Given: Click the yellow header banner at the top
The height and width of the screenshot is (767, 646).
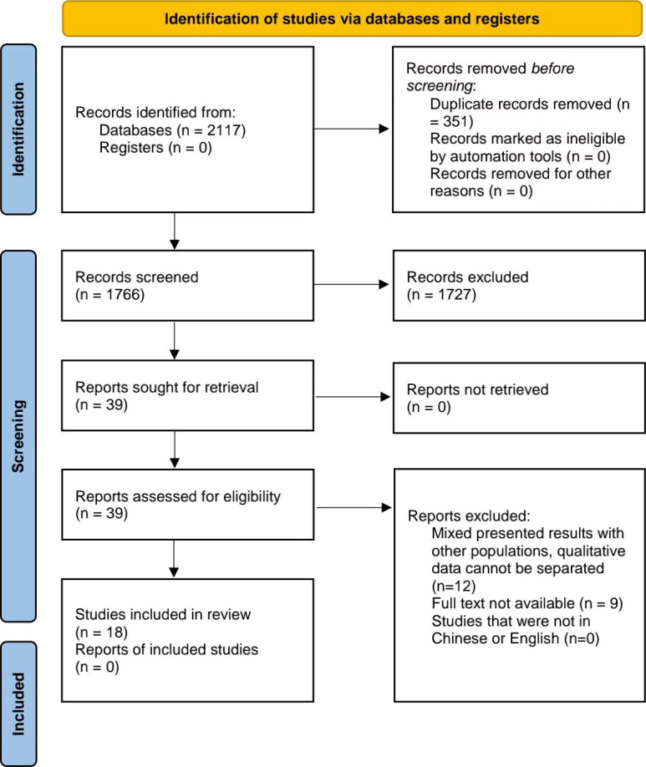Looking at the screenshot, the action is point(352,18).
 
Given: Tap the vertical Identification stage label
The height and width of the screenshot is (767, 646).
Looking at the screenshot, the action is point(18,130).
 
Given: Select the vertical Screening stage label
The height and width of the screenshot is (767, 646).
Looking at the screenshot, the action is point(18,436).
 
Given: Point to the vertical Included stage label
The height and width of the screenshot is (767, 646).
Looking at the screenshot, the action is point(18,704).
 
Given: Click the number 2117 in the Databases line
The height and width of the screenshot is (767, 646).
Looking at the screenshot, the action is point(225,130).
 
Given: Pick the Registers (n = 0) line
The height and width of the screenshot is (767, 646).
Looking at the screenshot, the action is point(155,148).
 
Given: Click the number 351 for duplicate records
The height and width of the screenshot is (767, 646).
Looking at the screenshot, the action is point(456,121).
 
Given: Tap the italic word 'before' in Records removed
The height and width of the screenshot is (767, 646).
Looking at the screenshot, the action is point(552,69).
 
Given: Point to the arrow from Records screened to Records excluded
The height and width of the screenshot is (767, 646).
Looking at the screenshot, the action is point(351,284).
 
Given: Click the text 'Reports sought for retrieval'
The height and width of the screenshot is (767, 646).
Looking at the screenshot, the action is point(167,388).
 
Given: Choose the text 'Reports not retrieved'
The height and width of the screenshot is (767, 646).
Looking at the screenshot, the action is point(478,389).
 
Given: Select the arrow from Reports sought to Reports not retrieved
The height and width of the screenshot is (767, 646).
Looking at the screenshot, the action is point(353,397).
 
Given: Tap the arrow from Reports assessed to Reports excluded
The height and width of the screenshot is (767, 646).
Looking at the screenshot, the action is point(354,508).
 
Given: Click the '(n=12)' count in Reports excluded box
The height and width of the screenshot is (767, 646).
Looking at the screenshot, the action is point(454,586).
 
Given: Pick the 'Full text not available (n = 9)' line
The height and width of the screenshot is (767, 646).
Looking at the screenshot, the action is point(527,603).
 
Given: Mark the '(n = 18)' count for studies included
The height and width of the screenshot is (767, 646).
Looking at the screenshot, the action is point(101,632).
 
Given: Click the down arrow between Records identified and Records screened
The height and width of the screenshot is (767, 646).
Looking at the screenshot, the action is point(174,231).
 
